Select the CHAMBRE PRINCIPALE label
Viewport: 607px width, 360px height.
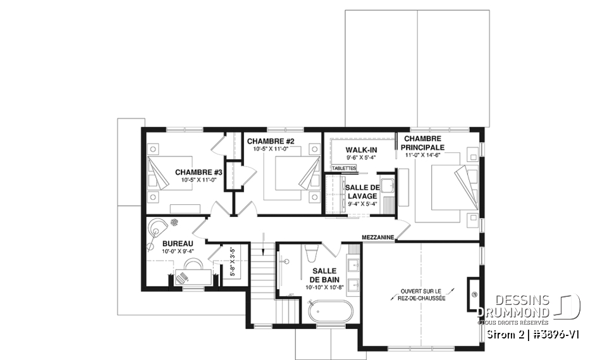pyautogui.click(x=423, y=142)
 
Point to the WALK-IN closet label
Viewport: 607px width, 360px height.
pyautogui.click(x=361, y=149)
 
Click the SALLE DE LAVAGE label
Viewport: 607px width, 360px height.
pyautogui.click(x=361, y=191)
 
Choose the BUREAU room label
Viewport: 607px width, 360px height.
pyautogui.click(x=178, y=243)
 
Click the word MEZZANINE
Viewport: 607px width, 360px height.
pyautogui.click(x=378, y=237)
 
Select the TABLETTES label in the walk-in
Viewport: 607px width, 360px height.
pyautogui.click(x=344, y=168)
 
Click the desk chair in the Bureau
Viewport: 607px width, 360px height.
pyautogui.click(x=182, y=276)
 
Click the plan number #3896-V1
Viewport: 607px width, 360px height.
pyautogui.click(x=556, y=333)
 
